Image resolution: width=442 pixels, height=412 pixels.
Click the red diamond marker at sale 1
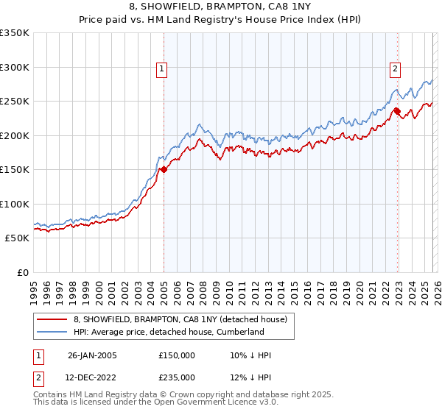click(x=164, y=170)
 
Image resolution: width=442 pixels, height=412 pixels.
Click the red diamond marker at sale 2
click(x=396, y=112)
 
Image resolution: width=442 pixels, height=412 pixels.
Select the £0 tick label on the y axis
click(x=21, y=273)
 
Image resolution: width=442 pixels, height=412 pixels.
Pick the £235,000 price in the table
click(x=177, y=377)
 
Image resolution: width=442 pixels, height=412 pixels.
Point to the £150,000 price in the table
click(x=177, y=355)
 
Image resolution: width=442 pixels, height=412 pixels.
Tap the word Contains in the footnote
click(x=51, y=395)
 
